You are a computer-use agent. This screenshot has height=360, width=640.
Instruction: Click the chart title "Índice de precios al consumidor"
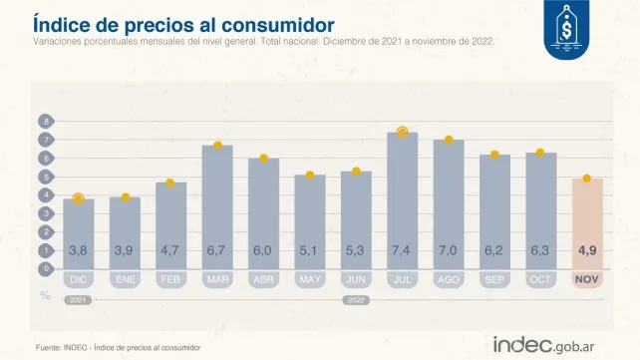182,22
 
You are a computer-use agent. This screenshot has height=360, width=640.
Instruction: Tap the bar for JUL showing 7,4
402,199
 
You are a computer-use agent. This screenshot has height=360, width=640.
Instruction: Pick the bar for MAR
217,205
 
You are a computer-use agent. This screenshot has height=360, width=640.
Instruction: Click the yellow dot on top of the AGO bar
449,140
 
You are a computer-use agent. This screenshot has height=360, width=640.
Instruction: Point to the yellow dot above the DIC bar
79,198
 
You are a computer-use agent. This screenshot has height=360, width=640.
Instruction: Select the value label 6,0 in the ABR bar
263,249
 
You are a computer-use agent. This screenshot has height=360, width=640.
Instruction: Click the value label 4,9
587,249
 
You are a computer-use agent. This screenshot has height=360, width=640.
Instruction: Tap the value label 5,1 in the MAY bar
310,249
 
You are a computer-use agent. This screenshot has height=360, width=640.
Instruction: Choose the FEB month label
170,280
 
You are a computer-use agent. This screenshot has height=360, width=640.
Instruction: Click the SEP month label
494,280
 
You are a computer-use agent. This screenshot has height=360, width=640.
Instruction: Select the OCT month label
540,280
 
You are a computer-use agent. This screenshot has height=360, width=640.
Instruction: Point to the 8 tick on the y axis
45,122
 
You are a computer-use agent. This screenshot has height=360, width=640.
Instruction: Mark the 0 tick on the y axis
45,268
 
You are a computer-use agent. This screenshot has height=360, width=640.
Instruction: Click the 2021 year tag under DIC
79,298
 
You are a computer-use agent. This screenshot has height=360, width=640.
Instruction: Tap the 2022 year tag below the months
356,298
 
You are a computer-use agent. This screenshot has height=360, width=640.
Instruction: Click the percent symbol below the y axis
45,294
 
